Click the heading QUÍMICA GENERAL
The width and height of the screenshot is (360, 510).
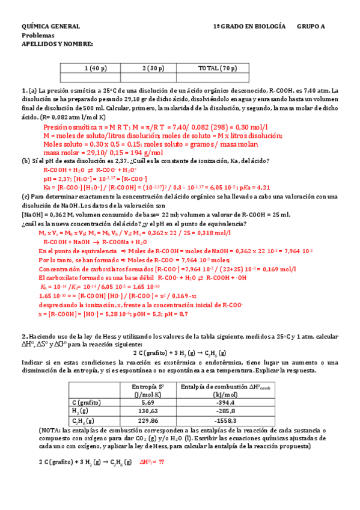[50, 27]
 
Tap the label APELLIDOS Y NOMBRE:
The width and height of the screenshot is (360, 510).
[57, 44]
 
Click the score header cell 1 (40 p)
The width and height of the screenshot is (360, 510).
[96, 68]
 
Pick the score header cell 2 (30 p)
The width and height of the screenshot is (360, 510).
[153, 68]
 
